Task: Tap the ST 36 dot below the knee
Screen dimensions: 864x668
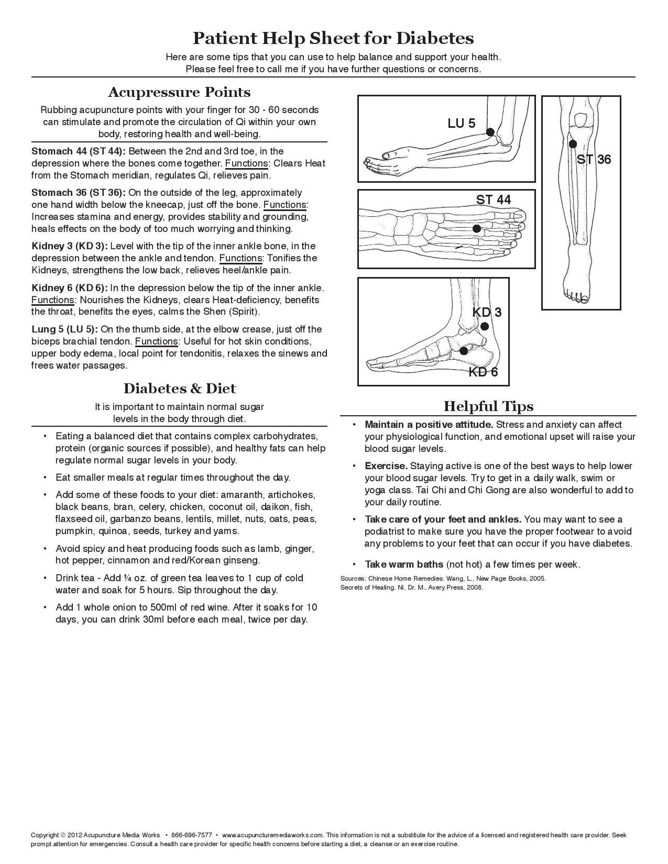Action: pyautogui.click(x=573, y=143)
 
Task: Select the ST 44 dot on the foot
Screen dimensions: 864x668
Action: pyautogui.click(x=476, y=228)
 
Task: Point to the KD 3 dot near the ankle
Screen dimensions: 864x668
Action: pyautogui.click(x=485, y=326)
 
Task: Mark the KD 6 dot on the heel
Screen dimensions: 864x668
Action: pyautogui.click(x=464, y=351)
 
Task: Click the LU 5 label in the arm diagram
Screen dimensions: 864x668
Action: pyautogui.click(x=461, y=123)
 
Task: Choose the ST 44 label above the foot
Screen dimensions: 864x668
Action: pyautogui.click(x=493, y=200)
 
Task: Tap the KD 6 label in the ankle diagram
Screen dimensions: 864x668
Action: pyautogui.click(x=483, y=372)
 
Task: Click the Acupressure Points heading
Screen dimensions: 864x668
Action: pyautogui.click(x=179, y=92)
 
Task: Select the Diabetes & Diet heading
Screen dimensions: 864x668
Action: pyautogui.click(x=179, y=389)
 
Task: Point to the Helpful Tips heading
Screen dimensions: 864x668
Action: pyautogui.click(x=488, y=406)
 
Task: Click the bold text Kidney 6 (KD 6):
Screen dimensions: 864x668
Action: pyautogui.click(x=70, y=288)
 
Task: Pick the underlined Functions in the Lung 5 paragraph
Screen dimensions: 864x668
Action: pyautogui.click(x=156, y=341)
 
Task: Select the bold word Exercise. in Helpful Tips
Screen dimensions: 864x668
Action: pyautogui.click(x=386, y=466)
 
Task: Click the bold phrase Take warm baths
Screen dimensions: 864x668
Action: pyautogui.click(x=404, y=564)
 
